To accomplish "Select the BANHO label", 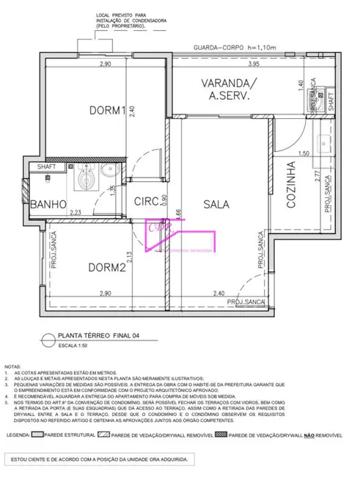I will click(49, 203).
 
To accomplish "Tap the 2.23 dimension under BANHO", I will click(75, 213).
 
